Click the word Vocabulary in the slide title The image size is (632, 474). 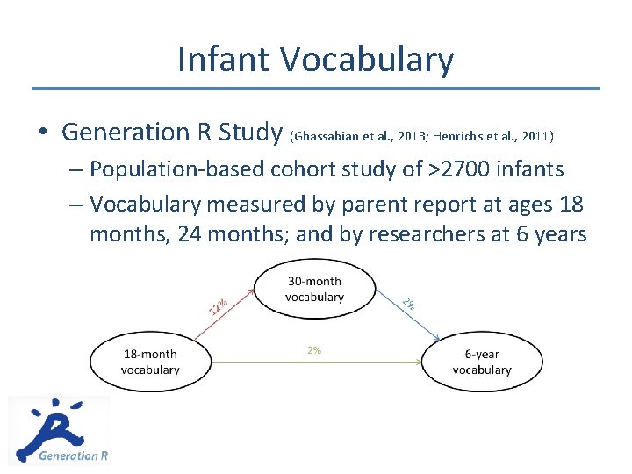367,60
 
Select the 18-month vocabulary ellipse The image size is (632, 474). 150,362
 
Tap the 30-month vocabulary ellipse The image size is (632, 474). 314,289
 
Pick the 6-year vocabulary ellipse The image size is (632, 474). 481,362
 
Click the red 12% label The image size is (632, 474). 219,306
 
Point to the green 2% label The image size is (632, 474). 314,350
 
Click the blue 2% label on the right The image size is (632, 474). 409,304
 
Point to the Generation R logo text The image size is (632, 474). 74,456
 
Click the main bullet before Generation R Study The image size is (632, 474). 42,133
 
